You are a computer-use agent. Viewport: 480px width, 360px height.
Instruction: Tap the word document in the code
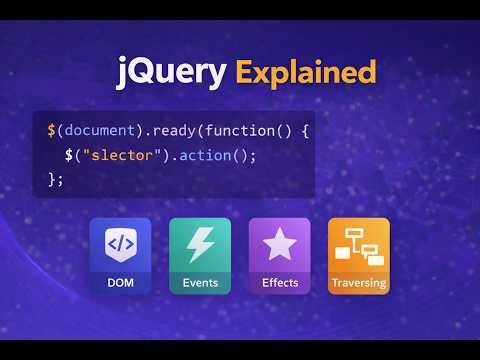(x=97, y=131)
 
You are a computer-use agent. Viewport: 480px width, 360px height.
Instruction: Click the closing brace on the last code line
(x=51, y=178)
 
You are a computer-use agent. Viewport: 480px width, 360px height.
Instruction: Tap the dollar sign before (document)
(x=51, y=131)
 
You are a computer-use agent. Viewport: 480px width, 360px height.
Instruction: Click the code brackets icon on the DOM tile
(x=120, y=243)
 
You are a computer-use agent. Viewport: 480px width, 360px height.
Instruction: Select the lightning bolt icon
(x=200, y=243)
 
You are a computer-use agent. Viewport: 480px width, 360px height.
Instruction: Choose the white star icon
(x=280, y=243)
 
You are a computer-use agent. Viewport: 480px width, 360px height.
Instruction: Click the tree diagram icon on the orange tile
(x=359, y=243)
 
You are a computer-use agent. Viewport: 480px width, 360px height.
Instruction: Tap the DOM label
(x=120, y=283)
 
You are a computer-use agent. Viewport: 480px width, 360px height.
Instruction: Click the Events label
(x=200, y=283)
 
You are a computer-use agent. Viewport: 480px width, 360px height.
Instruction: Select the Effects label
(x=280, y=283)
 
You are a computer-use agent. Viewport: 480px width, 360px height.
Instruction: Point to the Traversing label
(x=359, y=283)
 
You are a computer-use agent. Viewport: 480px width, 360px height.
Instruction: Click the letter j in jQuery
(x=123, y=73)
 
